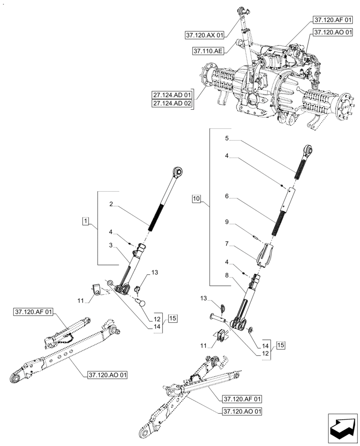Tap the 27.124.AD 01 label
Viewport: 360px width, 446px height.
[x=172, y=95]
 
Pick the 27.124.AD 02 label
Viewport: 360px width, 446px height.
[x=172, y=103]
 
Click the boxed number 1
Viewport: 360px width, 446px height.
[x=86, y=221]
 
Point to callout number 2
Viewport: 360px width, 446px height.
[x=111, y=205]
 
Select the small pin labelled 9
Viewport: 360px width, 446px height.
[x=255, y=237]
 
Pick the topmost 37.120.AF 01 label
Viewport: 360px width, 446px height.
[x=332, y=20]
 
